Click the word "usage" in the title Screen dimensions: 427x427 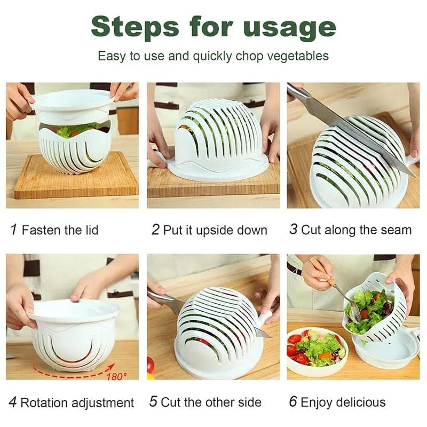pos(290,27)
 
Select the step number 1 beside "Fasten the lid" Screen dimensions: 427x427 pos(14,230)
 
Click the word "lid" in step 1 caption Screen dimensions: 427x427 pos(90,230)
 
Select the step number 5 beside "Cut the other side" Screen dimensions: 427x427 pos(153,402)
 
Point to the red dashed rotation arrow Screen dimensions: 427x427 pos(69,374)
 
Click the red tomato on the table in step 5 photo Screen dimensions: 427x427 pos(151,365)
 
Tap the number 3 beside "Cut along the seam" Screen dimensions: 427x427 pos(293,230)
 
